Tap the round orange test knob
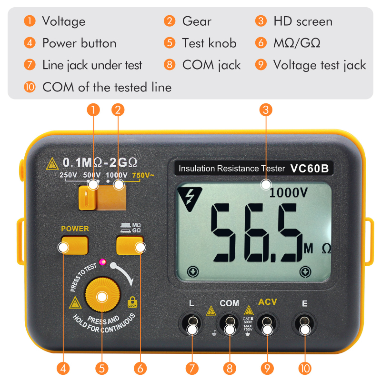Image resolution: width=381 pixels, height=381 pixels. [x=101, y=296]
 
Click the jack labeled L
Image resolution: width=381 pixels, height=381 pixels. [x=191, y=323]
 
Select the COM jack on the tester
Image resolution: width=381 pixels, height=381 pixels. [x=230, y=323]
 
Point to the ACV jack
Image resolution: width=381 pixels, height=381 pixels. [x=267, y=323]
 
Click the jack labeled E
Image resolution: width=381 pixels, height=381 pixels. [x=305, y=323]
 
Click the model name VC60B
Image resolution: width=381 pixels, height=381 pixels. [x=309, y=168]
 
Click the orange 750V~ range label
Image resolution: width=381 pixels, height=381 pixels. [x=143, y=175]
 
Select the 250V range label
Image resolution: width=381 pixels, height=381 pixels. [x=68, y=175]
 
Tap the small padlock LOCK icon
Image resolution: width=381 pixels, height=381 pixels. [x=132, y=302]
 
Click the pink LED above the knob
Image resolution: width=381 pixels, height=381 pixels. [x=101, y=261]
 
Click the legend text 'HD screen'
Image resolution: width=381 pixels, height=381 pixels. [x=302, y=21]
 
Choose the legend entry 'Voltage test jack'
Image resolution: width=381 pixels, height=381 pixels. [x=319, y=65]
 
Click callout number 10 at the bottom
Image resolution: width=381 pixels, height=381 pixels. [x=305, y=368]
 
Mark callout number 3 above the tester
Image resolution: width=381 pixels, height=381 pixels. [x=266, y=110]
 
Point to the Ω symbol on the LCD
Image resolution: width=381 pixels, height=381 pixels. [x=326, y=249]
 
